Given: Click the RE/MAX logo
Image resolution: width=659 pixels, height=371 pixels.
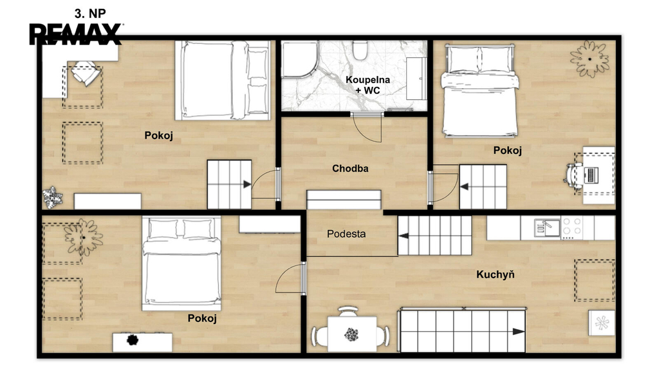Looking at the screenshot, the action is coord(76,34).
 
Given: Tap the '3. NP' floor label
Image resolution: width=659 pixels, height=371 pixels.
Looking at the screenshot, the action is coord(90,14).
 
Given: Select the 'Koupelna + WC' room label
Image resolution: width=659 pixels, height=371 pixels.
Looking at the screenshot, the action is coord(367,85).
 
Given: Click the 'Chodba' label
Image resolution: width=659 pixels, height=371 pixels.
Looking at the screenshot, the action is coord(350,168).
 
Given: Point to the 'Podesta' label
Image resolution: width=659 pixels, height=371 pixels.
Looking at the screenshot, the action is coord(346,234).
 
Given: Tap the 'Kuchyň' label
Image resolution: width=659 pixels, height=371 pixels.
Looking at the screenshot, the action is coord(495,274).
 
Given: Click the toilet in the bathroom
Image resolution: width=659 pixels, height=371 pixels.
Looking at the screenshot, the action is coord(360,50).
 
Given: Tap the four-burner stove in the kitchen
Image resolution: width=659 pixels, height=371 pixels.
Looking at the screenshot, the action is coord(571,227).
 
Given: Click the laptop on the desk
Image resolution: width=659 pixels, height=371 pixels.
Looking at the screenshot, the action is coord(591,175).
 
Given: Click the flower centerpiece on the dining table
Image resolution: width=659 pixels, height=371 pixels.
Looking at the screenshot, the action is coord(351,335).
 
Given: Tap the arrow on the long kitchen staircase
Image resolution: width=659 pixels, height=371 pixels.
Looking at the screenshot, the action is coord(518,332).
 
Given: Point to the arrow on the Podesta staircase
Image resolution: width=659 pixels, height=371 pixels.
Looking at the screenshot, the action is coord(403,236).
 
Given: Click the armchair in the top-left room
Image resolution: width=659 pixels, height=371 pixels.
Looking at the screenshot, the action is coord(86,73).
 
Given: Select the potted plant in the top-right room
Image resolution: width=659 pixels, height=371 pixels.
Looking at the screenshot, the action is coord(589,59).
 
